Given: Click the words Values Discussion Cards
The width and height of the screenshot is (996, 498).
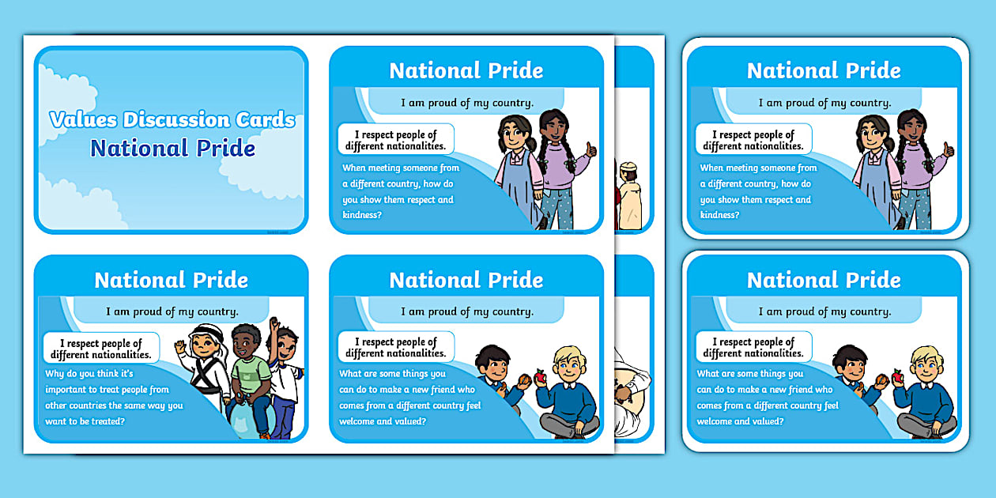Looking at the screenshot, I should click(172, 119).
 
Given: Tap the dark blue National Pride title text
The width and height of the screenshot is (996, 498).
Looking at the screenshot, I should click(172, 148).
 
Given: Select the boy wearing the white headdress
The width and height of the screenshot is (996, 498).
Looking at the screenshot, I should click(204, 372).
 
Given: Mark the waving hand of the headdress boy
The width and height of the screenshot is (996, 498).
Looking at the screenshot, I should click(180, 346).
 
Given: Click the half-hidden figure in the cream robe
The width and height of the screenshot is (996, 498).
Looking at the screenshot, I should click(630, 194).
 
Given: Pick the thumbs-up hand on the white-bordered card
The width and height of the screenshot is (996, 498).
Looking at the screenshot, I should click(949, 149).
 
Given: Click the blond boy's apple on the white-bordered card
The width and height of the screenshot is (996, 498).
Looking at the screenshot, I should click(898, 378).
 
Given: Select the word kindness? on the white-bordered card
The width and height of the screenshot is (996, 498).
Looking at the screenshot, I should click(719, 215).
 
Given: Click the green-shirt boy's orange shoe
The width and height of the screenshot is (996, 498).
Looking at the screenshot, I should click(265, 434).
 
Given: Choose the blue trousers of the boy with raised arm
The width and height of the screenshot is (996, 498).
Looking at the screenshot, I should click(282, 415).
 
